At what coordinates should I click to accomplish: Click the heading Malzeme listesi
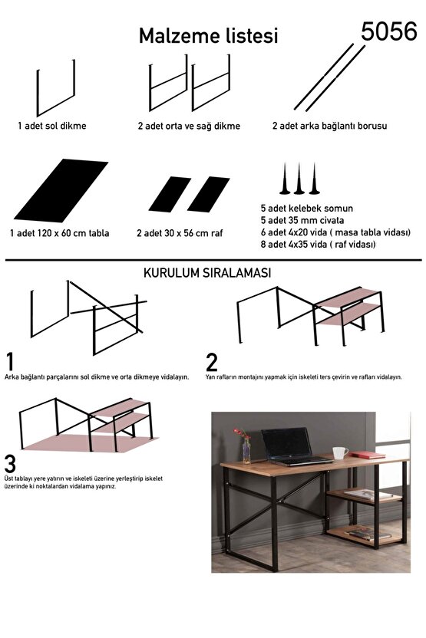(207, 36)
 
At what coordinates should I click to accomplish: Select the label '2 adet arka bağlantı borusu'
(329, 126)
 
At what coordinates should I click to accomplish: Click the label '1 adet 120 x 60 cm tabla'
(59, 232)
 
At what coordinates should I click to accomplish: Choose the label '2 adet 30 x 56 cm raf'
(180, 232)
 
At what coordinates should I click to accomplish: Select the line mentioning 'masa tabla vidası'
(335, 232)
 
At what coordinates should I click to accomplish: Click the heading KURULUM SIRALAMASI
(206, 272)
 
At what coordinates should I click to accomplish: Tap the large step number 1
(10, 361)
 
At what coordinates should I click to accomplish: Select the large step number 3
(10, 464)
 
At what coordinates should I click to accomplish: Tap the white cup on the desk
(340, 452)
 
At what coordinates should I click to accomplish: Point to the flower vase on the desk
(246, 449)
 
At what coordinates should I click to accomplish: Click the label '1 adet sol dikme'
(51, 126)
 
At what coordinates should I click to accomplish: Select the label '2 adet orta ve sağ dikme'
(188, 126)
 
